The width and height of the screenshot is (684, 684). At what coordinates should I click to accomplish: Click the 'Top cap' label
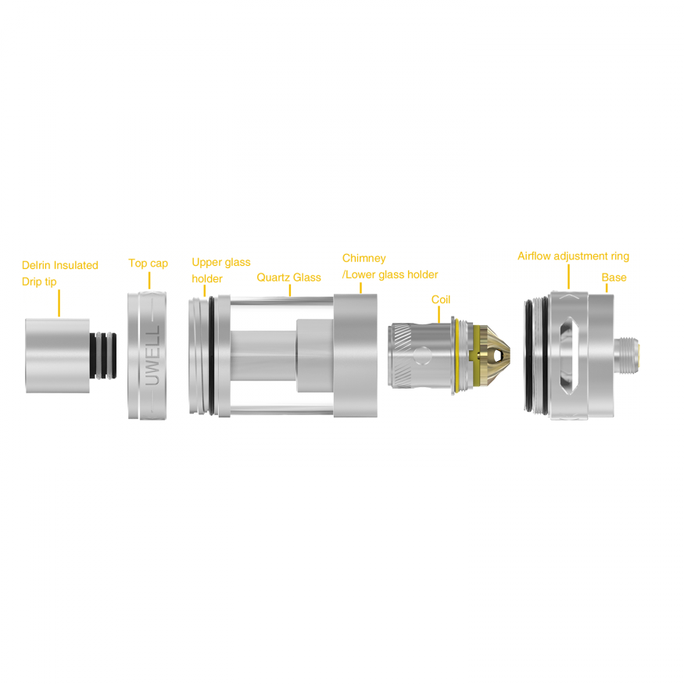(x=148, y=263)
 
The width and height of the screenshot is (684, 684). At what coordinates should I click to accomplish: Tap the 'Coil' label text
(x=441, y=299)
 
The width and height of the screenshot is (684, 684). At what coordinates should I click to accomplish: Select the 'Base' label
(x=614, y=278)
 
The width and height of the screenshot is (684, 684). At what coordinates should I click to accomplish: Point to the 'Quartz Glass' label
(x=288, y=278)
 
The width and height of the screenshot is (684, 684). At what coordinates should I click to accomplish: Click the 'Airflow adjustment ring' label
(x=573, y=256)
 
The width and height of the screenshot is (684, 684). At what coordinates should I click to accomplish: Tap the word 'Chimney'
(x=363, y=258)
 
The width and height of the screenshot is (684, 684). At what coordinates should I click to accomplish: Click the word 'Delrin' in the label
(x=36, y=265)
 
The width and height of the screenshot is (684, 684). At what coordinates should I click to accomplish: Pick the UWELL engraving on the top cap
(x=152, y=356)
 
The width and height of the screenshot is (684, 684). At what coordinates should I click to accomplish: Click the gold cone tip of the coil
(x=493, y=355)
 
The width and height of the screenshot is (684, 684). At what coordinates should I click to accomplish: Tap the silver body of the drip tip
(x=58, y=356)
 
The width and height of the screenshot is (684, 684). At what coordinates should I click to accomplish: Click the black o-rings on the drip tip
(x=103, y=356)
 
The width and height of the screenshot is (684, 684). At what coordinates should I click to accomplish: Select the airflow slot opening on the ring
(x=568, y=356)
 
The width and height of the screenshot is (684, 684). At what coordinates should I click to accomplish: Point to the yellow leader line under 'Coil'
(x=439, y=314)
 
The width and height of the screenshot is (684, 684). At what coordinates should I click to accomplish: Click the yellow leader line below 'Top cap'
(x=149, y=281)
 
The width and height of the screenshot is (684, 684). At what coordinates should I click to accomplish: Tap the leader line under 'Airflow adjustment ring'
(x=568, y=276)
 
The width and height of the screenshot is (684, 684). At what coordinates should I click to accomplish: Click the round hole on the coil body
(x=422, y=355)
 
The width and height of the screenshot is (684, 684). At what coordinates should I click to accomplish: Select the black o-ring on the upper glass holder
(x=212, y=356)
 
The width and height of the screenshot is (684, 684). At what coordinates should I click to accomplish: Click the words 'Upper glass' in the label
(x=221, y=262)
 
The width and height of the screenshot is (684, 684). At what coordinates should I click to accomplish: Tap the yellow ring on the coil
(x=457, y=356)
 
